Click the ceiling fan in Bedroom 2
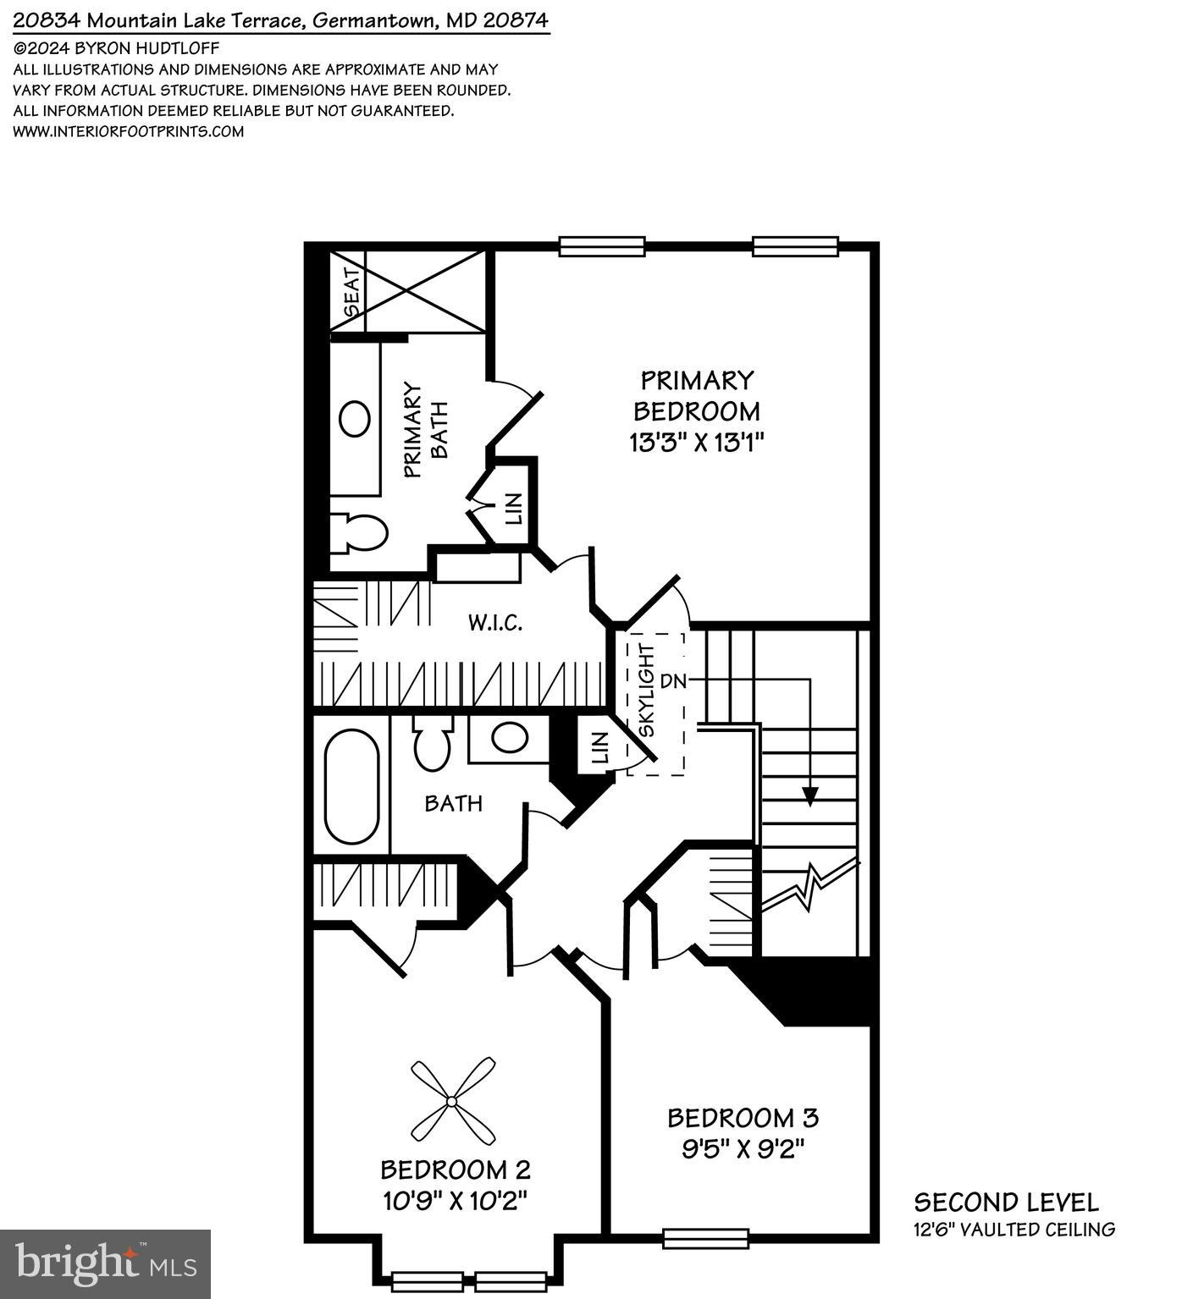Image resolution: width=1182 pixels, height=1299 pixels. tap(452, 1101)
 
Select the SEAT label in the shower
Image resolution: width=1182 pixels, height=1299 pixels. tap(352, 292)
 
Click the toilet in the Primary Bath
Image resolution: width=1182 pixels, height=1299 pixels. tap(359, 532)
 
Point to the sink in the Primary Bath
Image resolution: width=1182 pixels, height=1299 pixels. tap(355, 418)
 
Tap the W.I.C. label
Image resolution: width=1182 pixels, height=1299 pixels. tap(495, 624)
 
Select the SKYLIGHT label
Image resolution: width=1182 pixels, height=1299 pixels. tap(647, 691)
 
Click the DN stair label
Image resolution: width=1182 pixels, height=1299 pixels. tap(672, 680)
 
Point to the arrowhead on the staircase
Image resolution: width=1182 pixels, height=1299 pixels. tap(810, 795)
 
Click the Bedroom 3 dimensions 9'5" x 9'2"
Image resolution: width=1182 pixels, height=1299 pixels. tap(743, 1149)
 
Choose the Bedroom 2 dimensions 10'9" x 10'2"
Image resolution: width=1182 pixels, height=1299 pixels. tap(455, 1200)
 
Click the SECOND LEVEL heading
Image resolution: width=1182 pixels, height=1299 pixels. tap(1006, 1203)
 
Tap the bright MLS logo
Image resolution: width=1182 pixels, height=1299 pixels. tap(105, 1264)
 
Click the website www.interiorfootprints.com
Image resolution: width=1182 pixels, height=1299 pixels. tap(129, 131)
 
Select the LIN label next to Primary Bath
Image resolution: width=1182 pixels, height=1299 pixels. tap(513, 508)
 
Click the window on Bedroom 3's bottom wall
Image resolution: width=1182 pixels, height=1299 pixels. tap(705, 1239)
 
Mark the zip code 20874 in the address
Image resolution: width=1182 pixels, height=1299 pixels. tap(516, 20)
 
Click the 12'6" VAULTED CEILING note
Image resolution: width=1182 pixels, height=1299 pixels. tap(1014, 1230)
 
